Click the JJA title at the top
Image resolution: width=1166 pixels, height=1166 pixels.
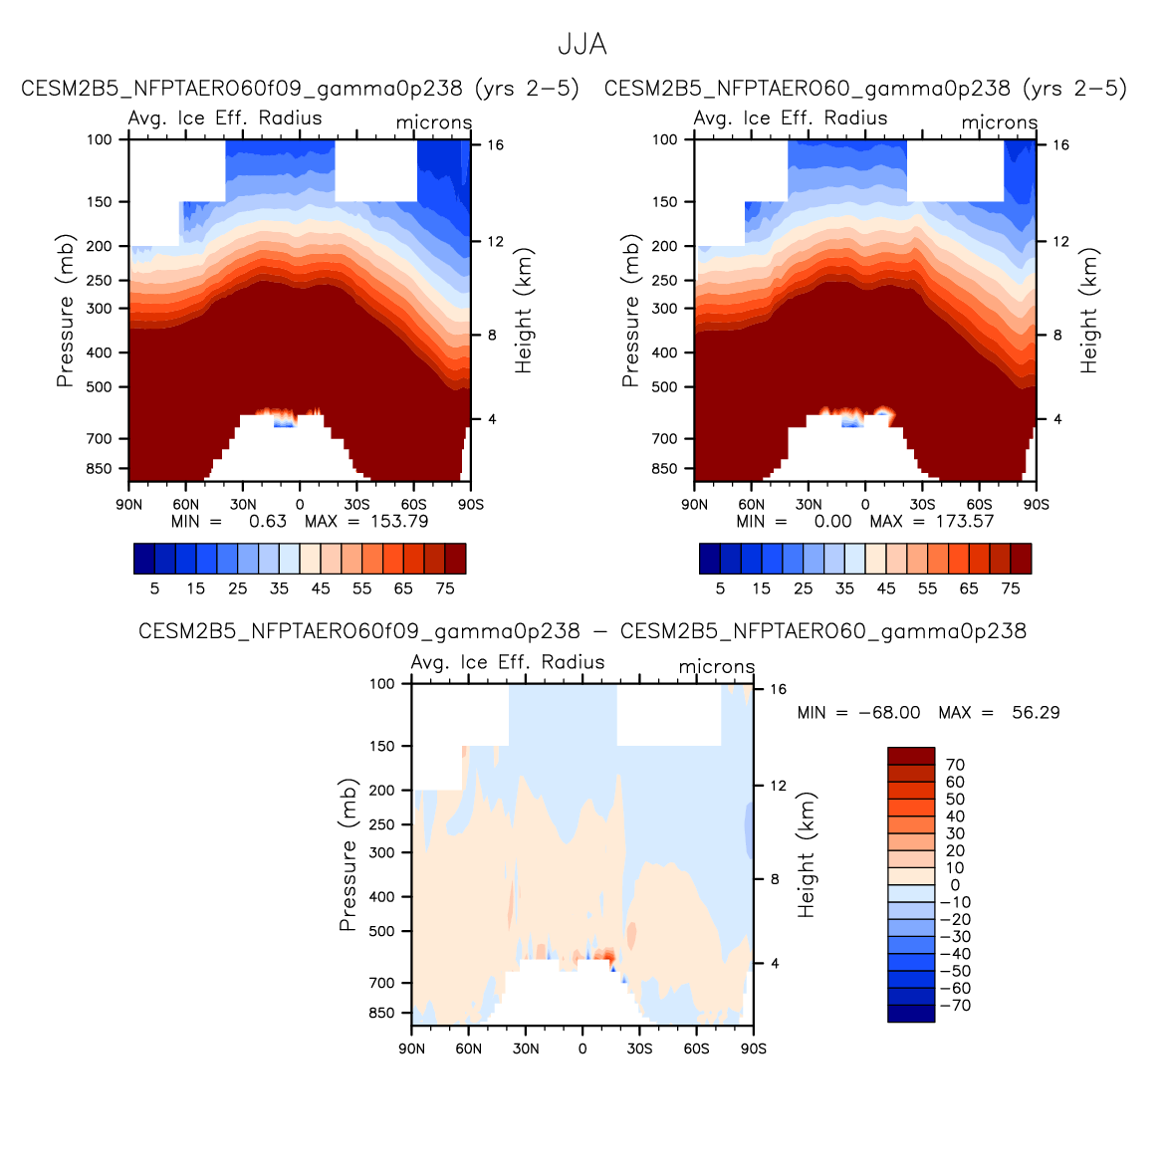[x=582, y=45]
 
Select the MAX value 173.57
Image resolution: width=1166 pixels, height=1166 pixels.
[x=964, y=521]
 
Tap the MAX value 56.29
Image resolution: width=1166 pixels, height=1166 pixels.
[x=1036, y=713]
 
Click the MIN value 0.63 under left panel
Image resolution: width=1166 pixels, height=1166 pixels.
[x=267, y=521]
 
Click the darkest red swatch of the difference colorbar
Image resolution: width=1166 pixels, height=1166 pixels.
[x=911, y=756]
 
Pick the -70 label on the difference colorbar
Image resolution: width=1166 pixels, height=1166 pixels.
[x=955, y=1006]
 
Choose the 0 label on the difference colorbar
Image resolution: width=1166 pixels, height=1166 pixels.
[x=955, y=885]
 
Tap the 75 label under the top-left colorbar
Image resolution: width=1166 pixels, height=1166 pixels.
[x=445, y=588]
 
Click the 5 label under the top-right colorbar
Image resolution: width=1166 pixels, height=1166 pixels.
[x=720, y=588]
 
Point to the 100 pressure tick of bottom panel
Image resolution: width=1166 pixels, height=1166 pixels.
[x=382, y=684]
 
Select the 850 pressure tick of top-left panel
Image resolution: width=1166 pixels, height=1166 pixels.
[x=100, y=469]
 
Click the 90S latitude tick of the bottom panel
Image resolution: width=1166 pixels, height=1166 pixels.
[x=754, y=1049]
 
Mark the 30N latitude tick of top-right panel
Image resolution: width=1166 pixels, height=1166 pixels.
[x=809, y=505]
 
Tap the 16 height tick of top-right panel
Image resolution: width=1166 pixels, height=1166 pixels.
[x=1060, y=145]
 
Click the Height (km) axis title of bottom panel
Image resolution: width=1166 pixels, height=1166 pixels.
[x=806, y=854]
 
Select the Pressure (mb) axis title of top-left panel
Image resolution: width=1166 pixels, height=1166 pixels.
[x=66, y=311]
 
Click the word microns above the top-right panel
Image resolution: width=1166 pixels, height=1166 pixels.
[x=999, y=122]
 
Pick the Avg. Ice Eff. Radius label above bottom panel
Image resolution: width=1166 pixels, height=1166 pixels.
[x=508, y=662]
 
